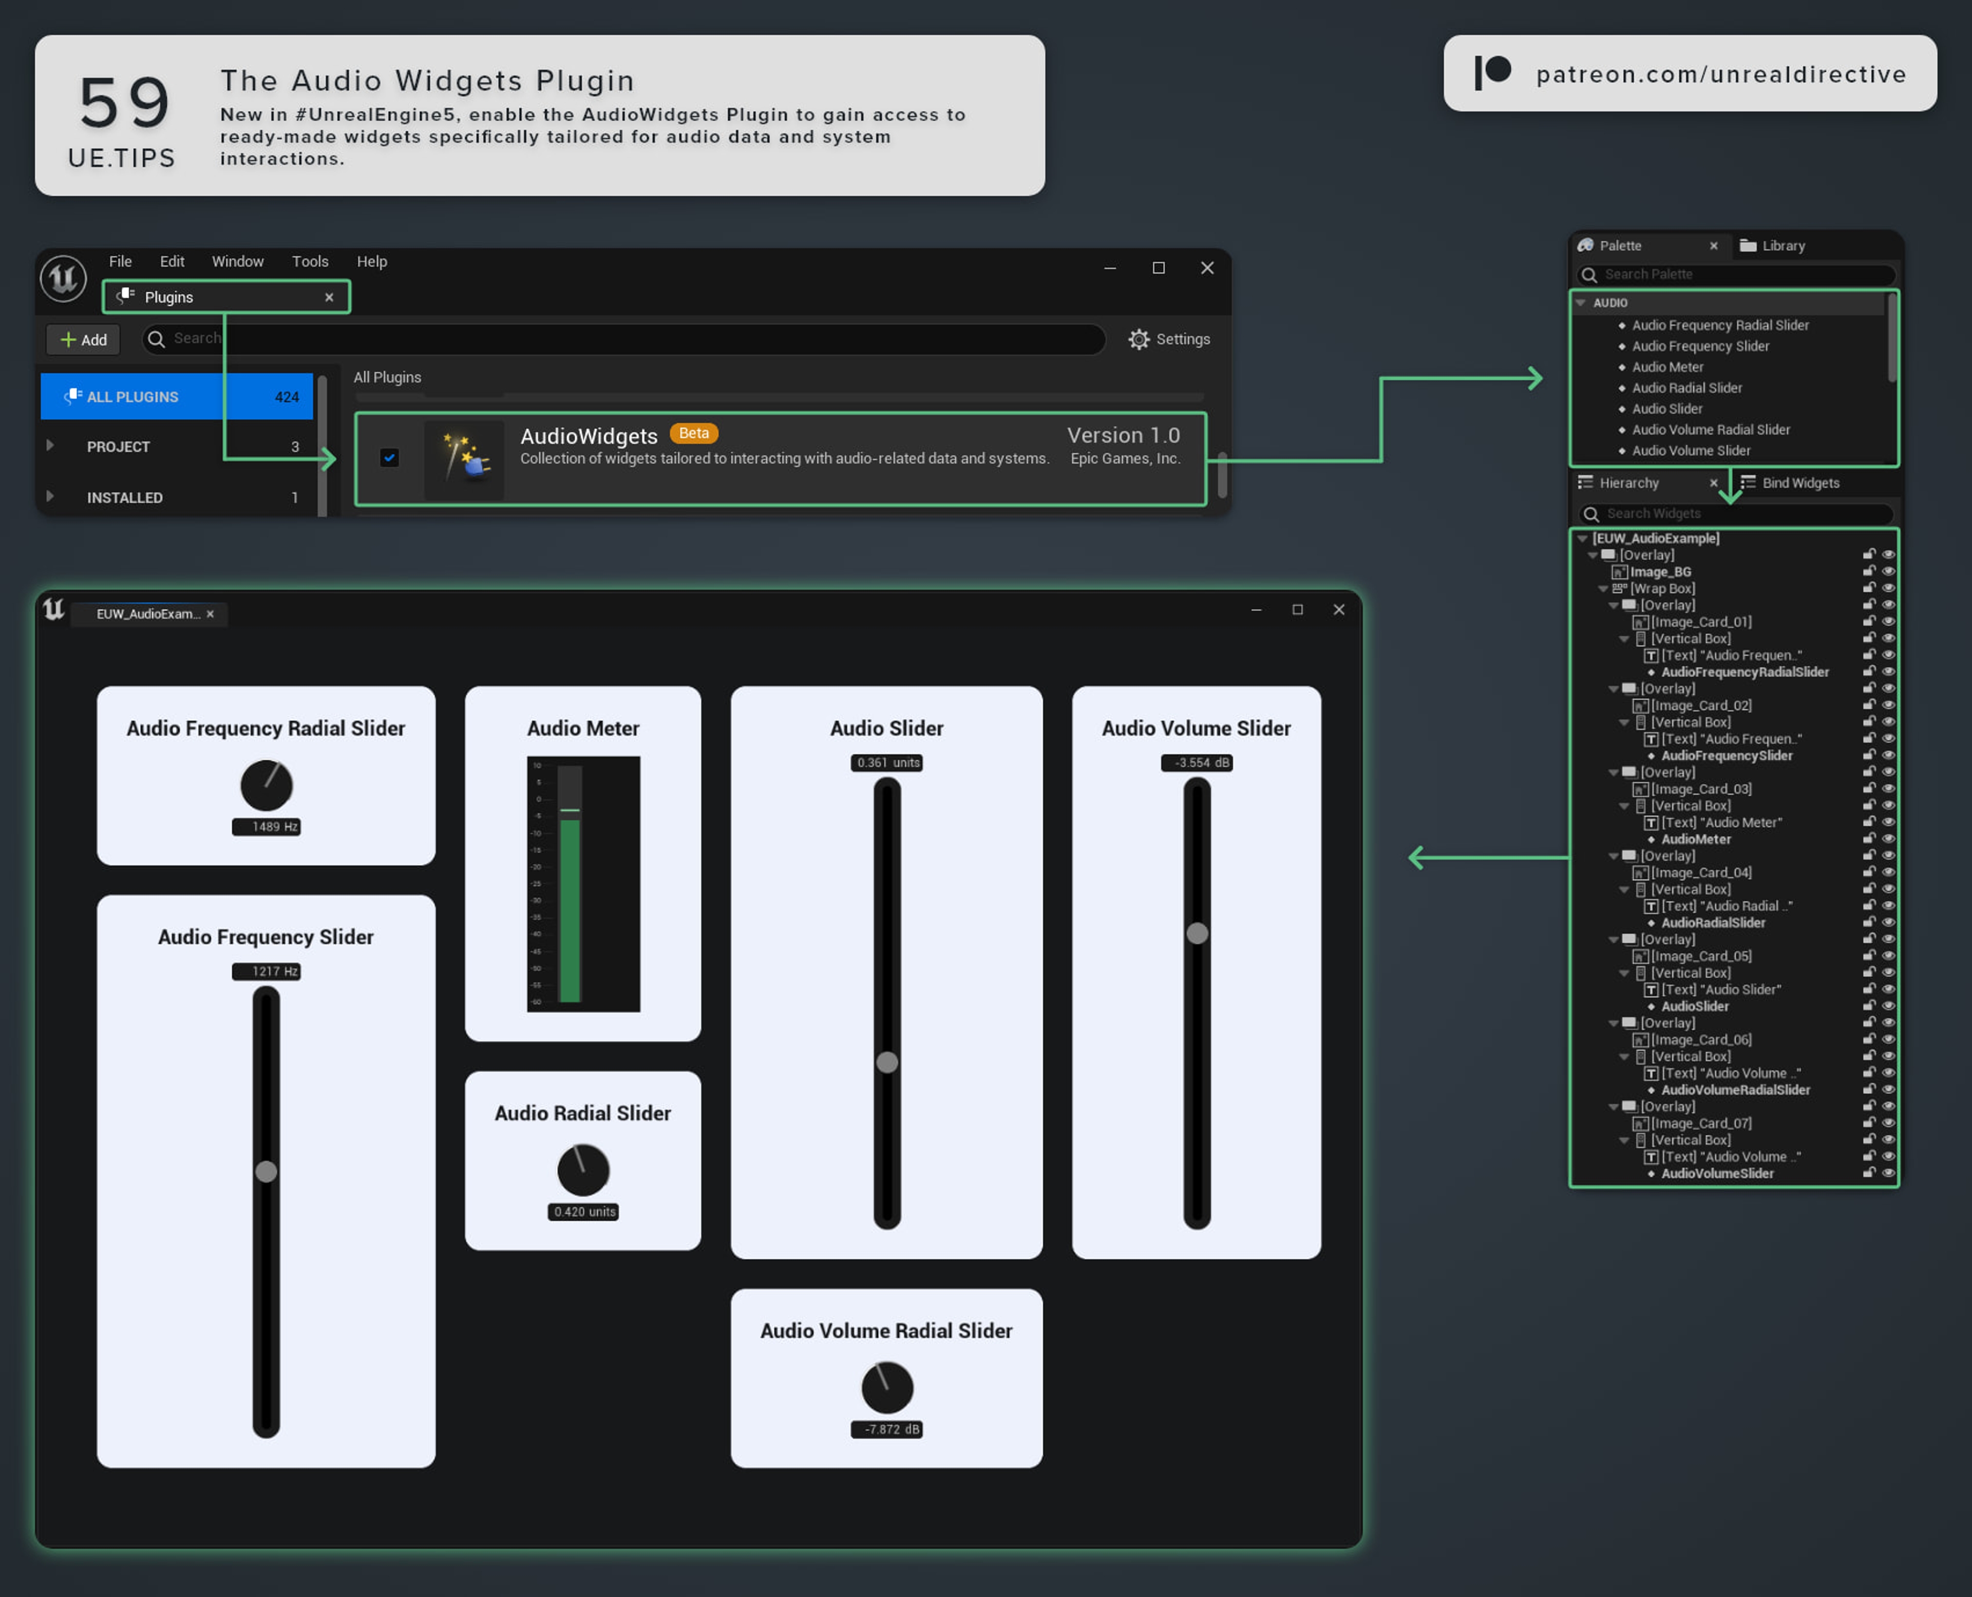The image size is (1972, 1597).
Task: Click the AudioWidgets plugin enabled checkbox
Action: [389, 458]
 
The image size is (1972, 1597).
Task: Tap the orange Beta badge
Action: [694, 433]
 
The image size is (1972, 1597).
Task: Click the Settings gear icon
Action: [1139, 339]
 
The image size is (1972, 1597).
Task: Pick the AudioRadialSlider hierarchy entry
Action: [1713, 922]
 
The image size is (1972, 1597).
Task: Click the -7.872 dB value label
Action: [886, 1430]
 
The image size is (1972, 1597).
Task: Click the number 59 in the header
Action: [124, 103]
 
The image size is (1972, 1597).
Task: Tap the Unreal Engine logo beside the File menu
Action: [64, 278]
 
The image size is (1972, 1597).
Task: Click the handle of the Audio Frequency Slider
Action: [266, 1172]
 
